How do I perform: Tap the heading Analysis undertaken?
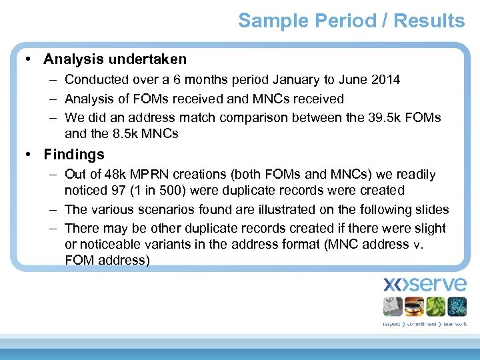[x=115, y=59]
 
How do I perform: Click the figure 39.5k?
[x=386, y=117]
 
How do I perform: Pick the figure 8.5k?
[x=126, y=133]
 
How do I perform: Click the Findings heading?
[x=74, y=155]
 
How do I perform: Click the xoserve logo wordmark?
[x=425, y=285]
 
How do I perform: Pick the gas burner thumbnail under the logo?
[x=414, y=306]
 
